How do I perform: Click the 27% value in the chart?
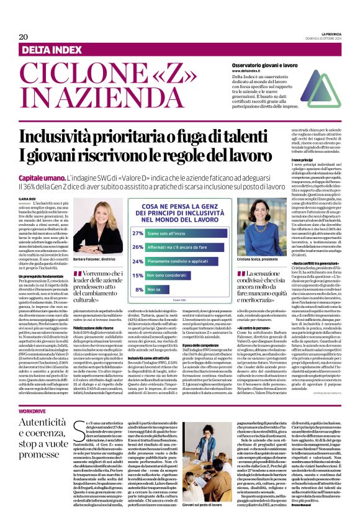click(x=137, y=233)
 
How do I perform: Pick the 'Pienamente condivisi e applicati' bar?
click(x=179, y=261)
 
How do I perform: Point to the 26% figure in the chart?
click(x=137, y=247)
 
